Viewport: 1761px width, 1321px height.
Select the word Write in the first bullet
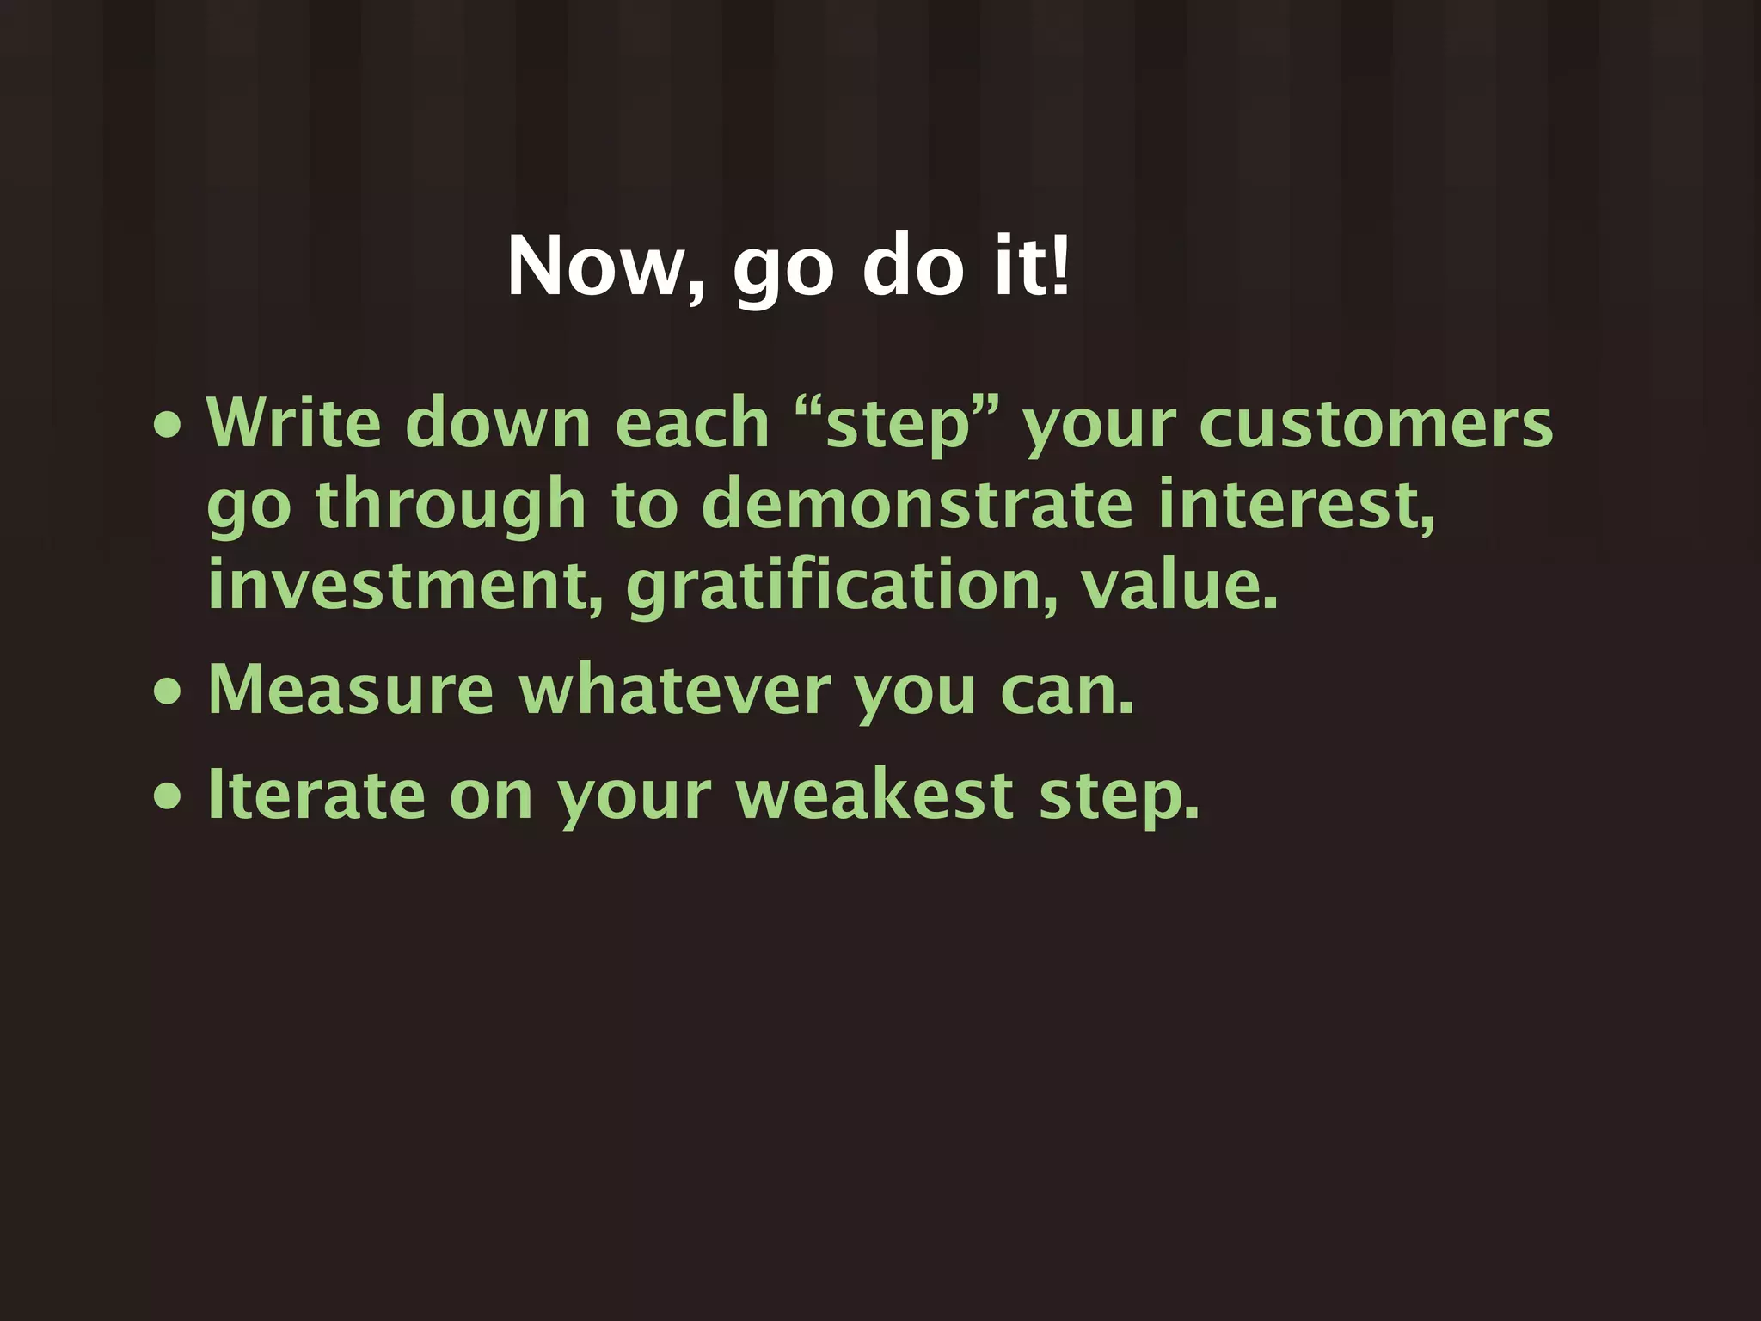[294, 423]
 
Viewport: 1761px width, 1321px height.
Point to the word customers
[1376, 425]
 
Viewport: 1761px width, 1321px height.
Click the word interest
[1295, 506]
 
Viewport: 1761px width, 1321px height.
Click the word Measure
[351, 690]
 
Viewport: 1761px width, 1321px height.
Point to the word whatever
[675, 690]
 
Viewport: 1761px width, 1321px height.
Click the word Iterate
[316, 795]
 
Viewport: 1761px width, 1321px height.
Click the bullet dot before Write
[168, 425]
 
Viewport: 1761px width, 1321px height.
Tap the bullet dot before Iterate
[168, 796]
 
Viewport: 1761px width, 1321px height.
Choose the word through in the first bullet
[451, 506]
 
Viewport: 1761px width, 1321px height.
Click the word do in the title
[913, 266]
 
